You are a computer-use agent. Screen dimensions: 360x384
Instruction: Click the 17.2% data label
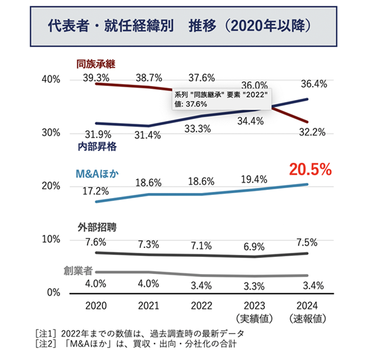click(x=96, y=191)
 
